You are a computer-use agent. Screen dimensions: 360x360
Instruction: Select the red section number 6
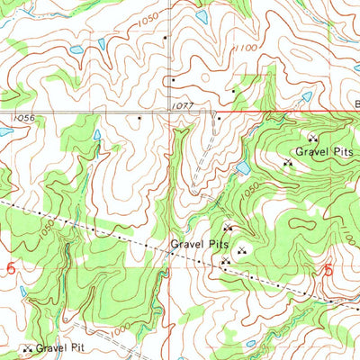point(11,268)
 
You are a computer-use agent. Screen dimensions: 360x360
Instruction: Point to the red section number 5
point(328,269)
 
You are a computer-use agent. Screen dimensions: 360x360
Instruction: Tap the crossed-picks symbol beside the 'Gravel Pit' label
point(27,348)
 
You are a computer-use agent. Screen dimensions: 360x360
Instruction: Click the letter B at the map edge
point(355,104)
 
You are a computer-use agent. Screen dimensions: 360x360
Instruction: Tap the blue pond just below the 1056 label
point(5,131)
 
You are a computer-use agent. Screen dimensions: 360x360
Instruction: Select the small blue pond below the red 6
point(22,290)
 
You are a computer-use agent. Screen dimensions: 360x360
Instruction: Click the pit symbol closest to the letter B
point(313,138)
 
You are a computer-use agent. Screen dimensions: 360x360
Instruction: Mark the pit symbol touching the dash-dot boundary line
point(224,261)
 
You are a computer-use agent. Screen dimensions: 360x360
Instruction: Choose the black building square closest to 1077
point(217,116)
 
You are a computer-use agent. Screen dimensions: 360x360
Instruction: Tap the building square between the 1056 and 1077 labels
point(139,117)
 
